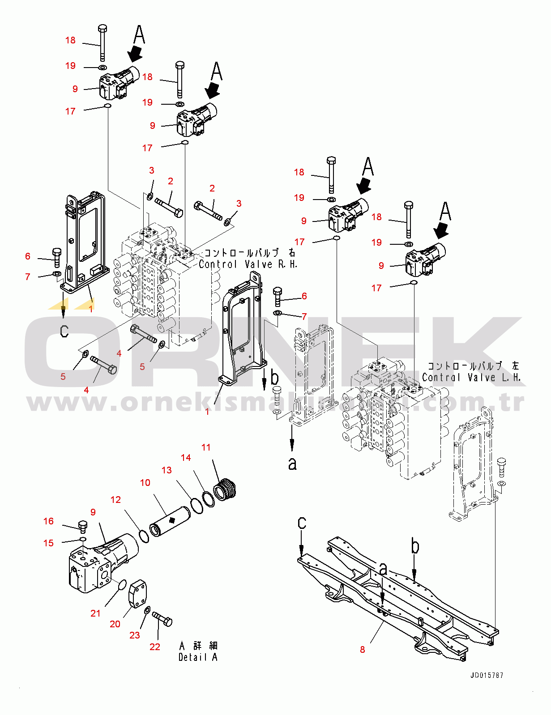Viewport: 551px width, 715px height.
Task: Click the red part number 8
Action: pyautogui.click(x=363, y=650)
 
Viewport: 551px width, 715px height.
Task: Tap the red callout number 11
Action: pyautogui.click(x=206, y=447)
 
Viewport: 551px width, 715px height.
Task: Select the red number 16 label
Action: pyautogui.click(x=48, y=521)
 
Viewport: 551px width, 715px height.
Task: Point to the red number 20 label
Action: pyautogui.click(x=115, y=624)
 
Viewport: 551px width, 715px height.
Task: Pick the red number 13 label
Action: pyautogui.click(x=167, y=470)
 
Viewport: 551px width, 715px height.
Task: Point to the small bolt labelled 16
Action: pyautogui.click(x=82, y=526)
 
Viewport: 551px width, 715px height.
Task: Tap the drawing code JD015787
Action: pyautogui.click(x=487, y=675)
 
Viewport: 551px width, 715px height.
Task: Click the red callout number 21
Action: pyautogui.click(x=95, y=613)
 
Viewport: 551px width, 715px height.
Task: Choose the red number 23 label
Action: pyautogui.click(x=135, y=635)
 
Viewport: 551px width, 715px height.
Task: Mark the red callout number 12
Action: pyautogui.click(x=115, y=499)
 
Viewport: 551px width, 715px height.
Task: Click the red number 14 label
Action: pyautogui.click(x=186, y=457)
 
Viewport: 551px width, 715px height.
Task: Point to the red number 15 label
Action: pyautogui.click(x=48, y=543)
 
